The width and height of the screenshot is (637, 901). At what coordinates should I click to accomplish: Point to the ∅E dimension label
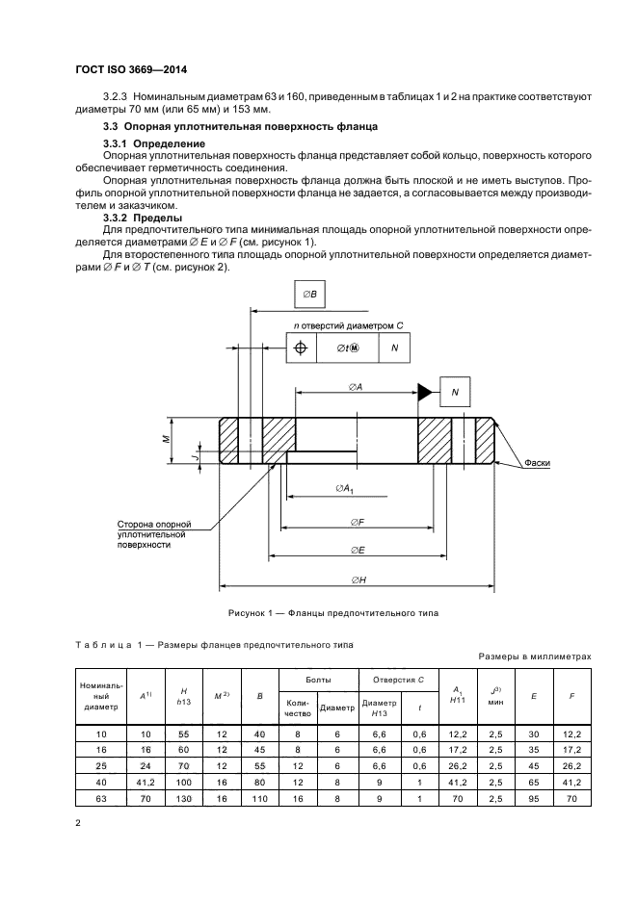pos(357,550)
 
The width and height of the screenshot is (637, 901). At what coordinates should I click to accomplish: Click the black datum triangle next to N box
pos(423,391)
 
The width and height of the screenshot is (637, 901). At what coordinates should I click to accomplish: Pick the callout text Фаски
pos(538,463)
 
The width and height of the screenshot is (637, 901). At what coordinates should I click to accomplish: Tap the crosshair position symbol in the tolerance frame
pos(301,348)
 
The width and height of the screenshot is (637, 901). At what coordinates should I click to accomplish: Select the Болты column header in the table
pos(319,680)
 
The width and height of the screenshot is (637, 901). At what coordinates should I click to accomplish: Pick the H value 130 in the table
pos(183,799)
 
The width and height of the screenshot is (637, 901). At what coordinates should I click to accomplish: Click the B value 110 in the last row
pos(259,799)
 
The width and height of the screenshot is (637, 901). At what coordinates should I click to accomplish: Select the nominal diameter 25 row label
pos(100,766)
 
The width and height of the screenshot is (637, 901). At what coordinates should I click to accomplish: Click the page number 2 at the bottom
pos(78,825)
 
